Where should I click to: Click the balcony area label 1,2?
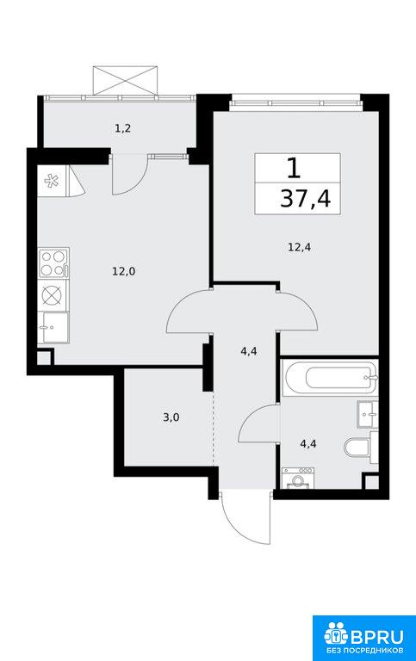(x=123, y=128)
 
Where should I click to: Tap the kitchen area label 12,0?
(x=124, y=271)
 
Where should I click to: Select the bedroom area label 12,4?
(x=299, y=248)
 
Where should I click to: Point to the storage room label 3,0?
(x=171, y=417)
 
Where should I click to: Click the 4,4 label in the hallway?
(x=249, y=351)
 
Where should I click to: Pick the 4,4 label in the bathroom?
(x=308, y=444)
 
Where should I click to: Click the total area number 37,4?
(x=306, y=199)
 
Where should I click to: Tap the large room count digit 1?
(x=294, y=168)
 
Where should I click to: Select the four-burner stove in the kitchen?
(x=53, y=263)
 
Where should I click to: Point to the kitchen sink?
(x=53, y=328)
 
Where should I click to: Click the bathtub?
(x=330, y=378)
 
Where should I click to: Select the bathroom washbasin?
(x=368, y=413)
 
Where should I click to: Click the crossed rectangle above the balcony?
(x=125, y=80)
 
